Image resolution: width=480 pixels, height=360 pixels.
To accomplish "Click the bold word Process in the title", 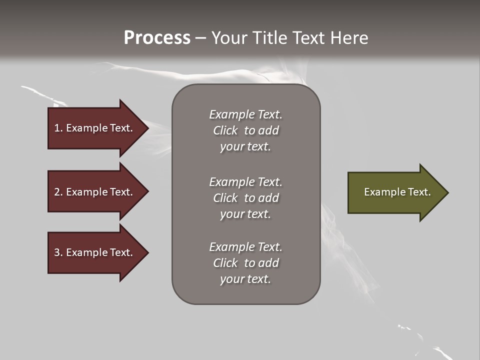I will click(157, 38).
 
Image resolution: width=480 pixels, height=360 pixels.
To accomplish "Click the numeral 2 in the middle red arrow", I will click(57, 192).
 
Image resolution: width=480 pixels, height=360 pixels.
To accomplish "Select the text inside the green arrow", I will click(397, 192).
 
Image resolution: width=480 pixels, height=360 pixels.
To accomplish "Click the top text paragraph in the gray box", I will click(245, 130).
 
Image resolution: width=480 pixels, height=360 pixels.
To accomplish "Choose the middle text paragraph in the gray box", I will click(245, 198).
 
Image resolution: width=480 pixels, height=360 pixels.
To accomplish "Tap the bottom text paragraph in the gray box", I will click(245, 263).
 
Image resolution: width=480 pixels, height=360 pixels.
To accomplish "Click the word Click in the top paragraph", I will click(225, 130).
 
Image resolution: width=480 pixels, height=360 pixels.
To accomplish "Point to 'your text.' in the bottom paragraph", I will click(245, 279).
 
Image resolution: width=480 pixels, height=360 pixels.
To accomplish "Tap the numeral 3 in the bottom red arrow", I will click(57, 252).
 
